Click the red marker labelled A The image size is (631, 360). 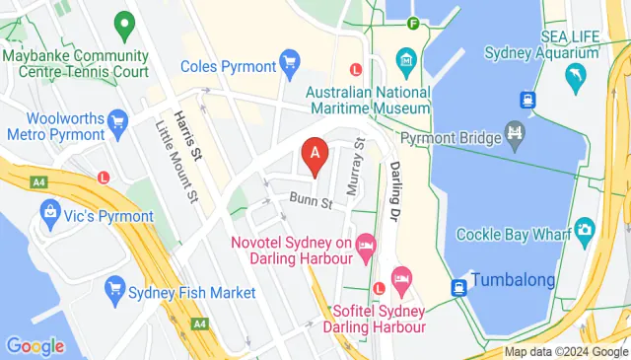(x=315, y=155)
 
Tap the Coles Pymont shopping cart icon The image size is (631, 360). (x=290, y=65)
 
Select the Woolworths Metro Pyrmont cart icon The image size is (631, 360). (x=119, y=123)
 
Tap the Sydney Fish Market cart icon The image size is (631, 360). (x=115, y=291)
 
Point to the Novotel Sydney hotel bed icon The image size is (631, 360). (x=367, y=244)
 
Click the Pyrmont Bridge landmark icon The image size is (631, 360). (x=515, y=131)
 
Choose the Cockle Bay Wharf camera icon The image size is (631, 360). (x=586, y=231)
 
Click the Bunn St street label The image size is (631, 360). (x=311, y=202)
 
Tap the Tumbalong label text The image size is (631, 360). (x=513, y=280)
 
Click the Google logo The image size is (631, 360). (x=35, y=345)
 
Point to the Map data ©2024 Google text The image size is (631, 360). (x=566, y=352)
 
